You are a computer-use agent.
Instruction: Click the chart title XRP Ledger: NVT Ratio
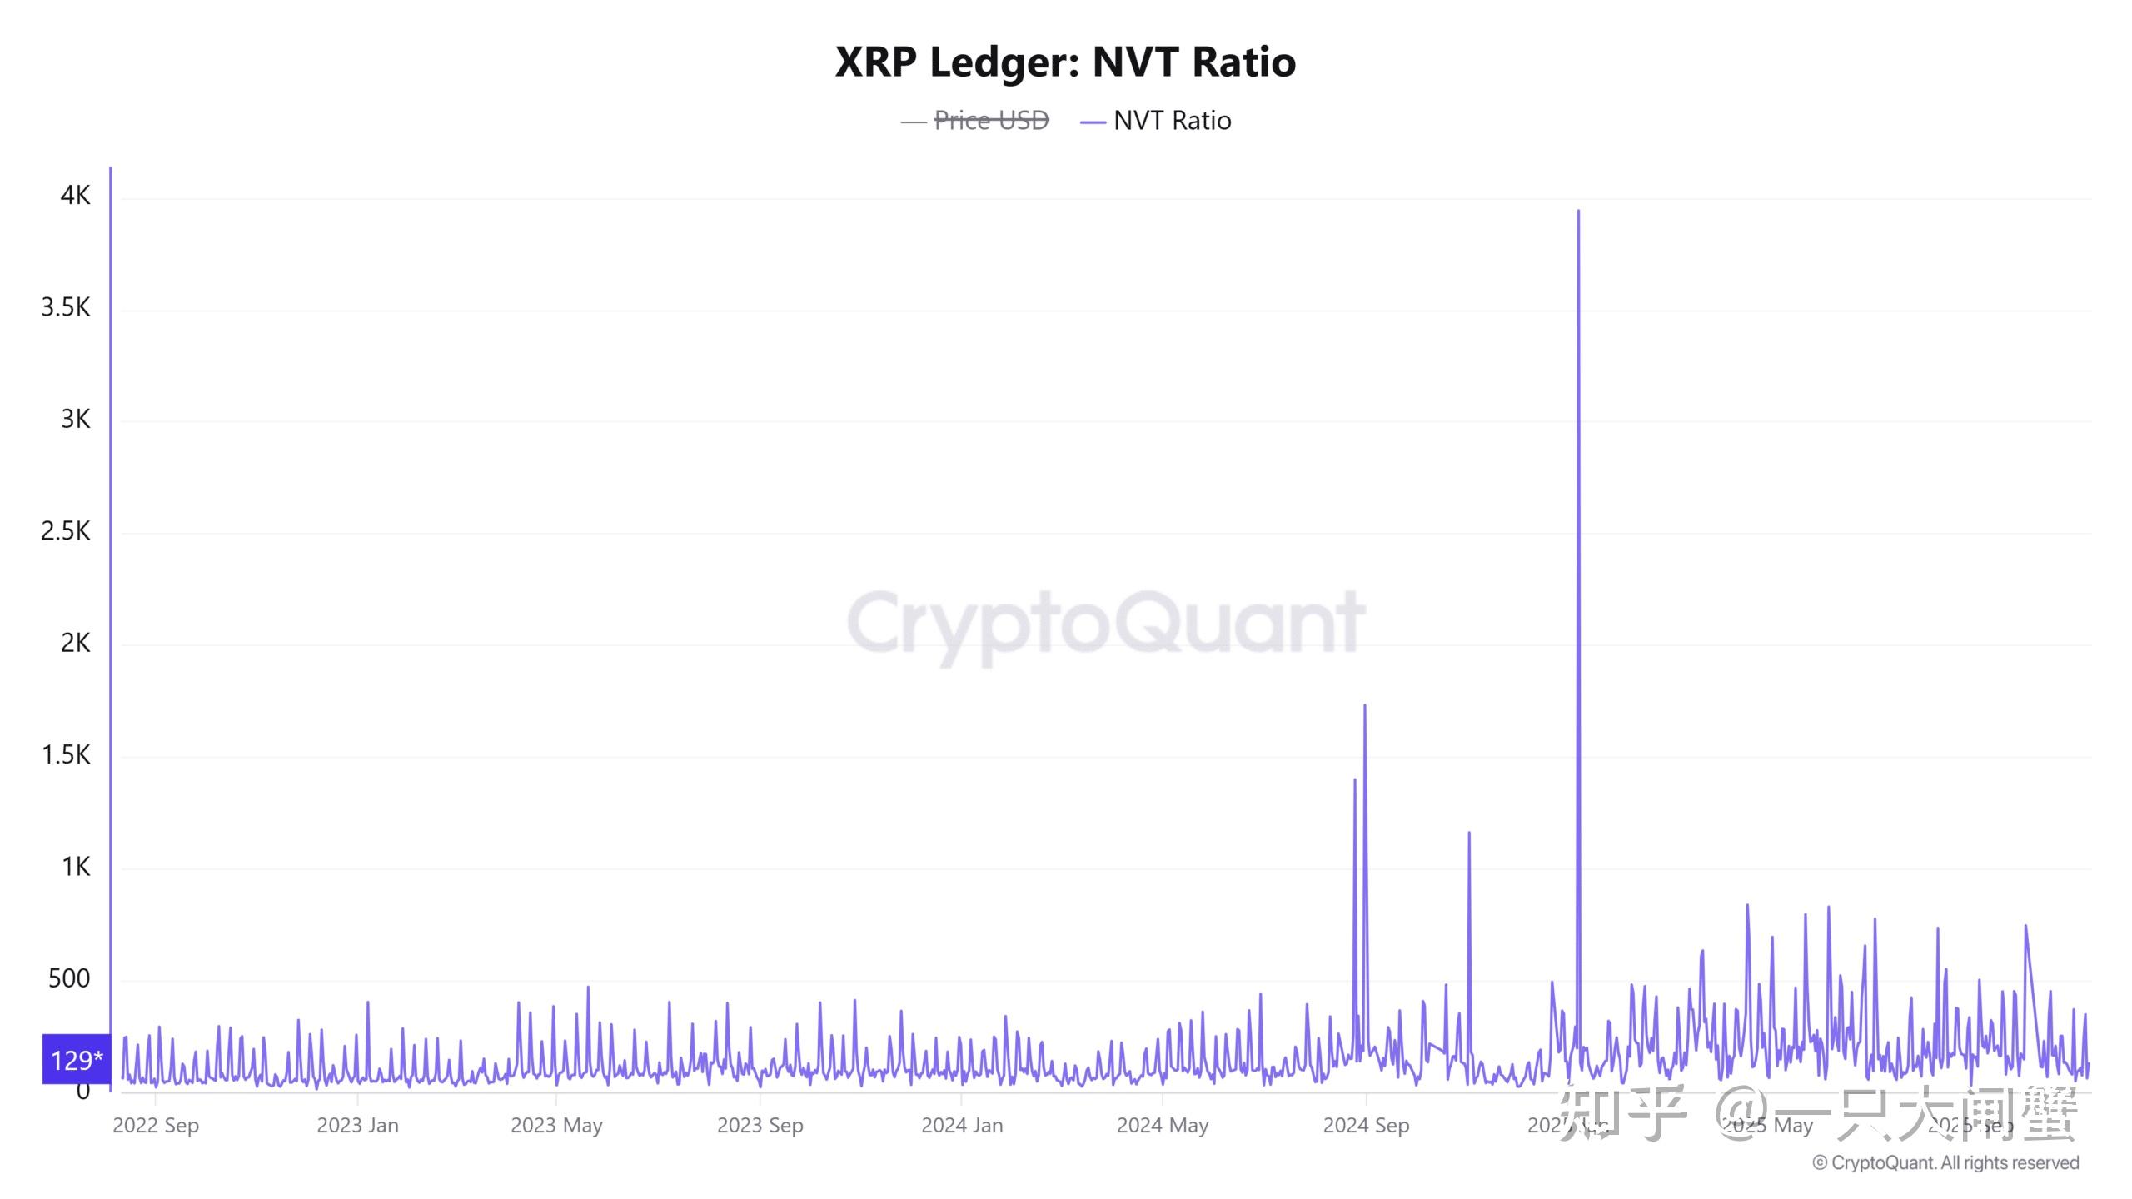click(x=1065, y=62)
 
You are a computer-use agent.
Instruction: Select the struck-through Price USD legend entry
click(x=990, y=121)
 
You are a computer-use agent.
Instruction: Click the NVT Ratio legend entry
click(x=1171, y=121)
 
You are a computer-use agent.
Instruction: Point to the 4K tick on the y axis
click(x=75, y=196)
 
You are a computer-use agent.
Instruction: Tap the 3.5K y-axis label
click(x=66, y=308)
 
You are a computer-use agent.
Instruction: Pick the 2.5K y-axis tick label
click(x=66, y=531)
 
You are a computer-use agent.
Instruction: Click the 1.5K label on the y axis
click(x=66, y=755)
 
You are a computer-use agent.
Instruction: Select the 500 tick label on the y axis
click(x=69, y=978)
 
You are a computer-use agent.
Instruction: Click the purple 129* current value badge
click(x=77, y=1060)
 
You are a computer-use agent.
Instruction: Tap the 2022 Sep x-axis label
click(x=156, y=1126)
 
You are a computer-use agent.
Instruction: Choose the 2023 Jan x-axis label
click(x=358, y=1126)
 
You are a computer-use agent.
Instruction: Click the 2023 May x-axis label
click(x=556, y=1126)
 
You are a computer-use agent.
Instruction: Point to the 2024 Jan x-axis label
click(x=962, y=1126)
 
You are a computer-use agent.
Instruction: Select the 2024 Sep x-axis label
click(x=1366, y=1126)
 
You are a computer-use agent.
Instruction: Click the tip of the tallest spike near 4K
click(x=1578, y=211)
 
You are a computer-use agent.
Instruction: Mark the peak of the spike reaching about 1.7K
click(x=1364, y=706)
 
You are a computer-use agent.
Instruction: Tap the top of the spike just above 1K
click(x=1469, y=833)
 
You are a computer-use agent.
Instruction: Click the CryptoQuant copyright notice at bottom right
click(x=1945, y=1163)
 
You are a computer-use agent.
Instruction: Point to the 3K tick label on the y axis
click(x=75, y=420)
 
